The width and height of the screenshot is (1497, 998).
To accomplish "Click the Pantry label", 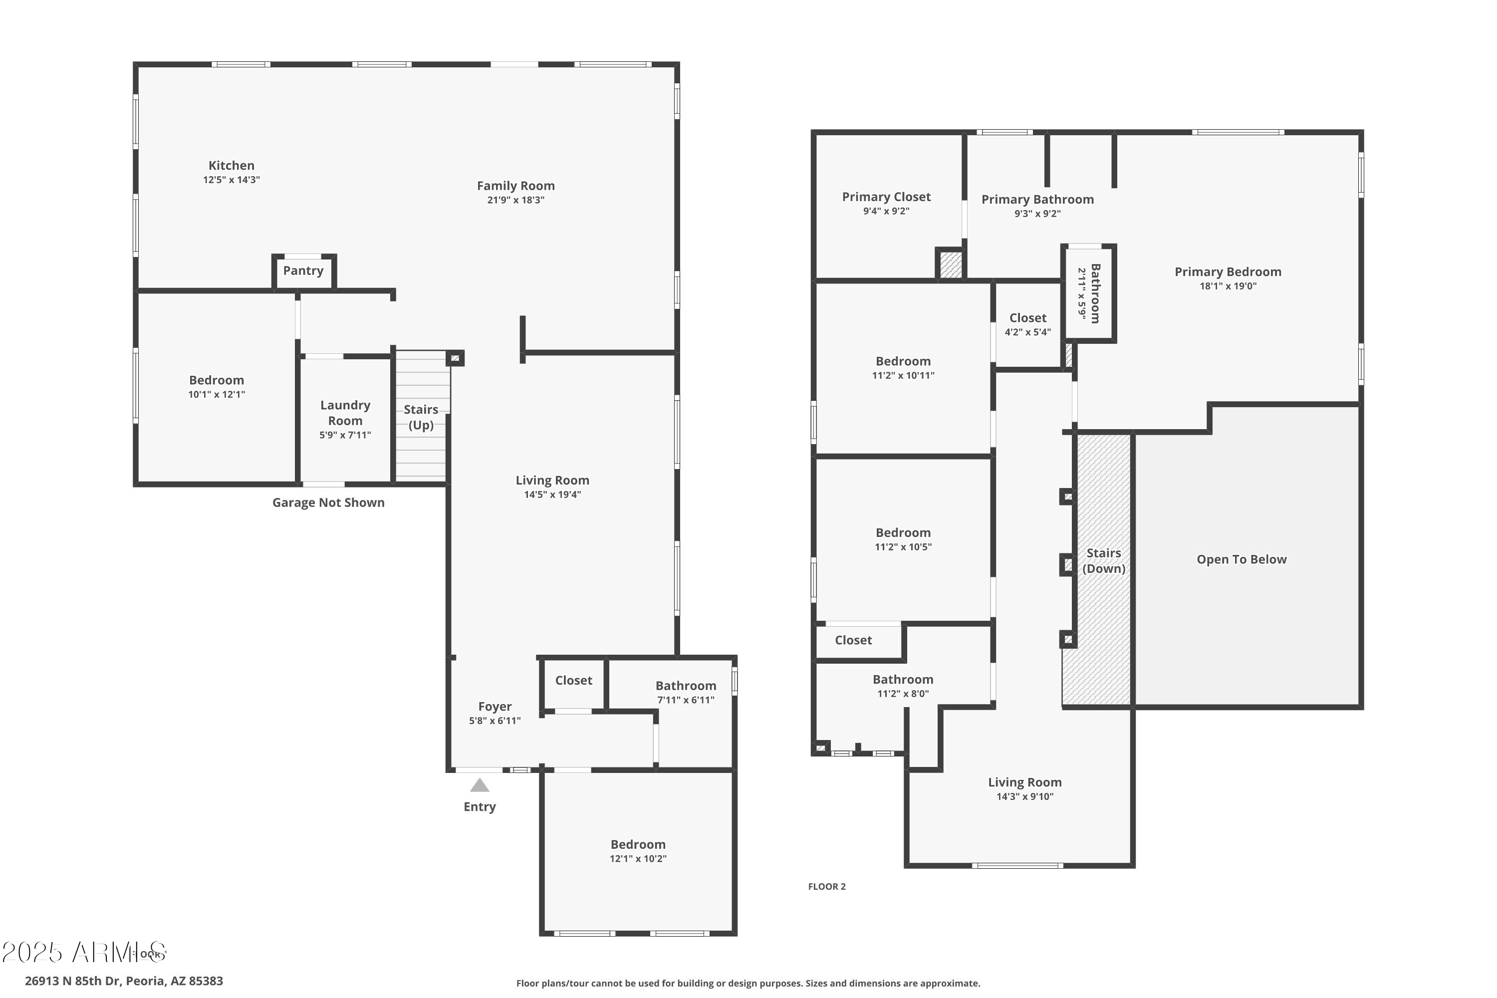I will point(303,270).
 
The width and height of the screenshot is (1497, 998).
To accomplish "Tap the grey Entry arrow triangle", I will point(479,785).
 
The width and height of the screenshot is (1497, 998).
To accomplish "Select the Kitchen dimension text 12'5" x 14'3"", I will point(231,180).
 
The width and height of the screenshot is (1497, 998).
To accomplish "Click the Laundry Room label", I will point(345,413).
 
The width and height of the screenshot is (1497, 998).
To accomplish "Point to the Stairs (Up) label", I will point(421,417).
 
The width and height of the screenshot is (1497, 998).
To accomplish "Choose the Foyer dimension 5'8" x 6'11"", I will point(495,721).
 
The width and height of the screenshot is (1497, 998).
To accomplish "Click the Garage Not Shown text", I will point(328,502).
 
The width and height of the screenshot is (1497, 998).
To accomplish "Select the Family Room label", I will point(515,186).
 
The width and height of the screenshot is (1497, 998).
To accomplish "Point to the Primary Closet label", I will point(886,197).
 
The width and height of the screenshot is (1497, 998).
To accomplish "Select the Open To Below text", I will point(1241,559).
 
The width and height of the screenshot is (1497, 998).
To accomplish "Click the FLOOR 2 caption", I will point(827,887).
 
